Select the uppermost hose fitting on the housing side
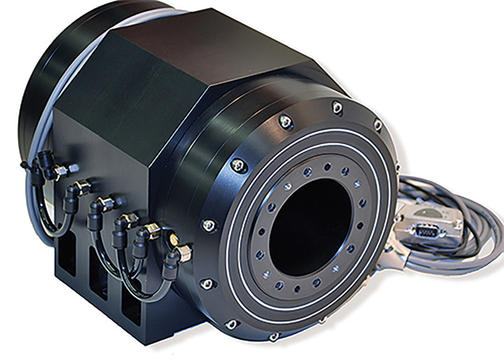tap(62, 169)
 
